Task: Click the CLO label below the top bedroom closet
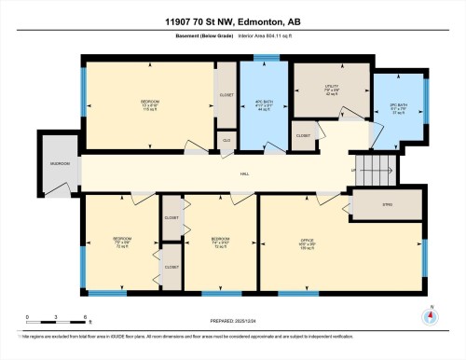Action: coord(226,140)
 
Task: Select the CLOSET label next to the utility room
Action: coord(303,135)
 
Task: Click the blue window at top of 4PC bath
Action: coord(266,60)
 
